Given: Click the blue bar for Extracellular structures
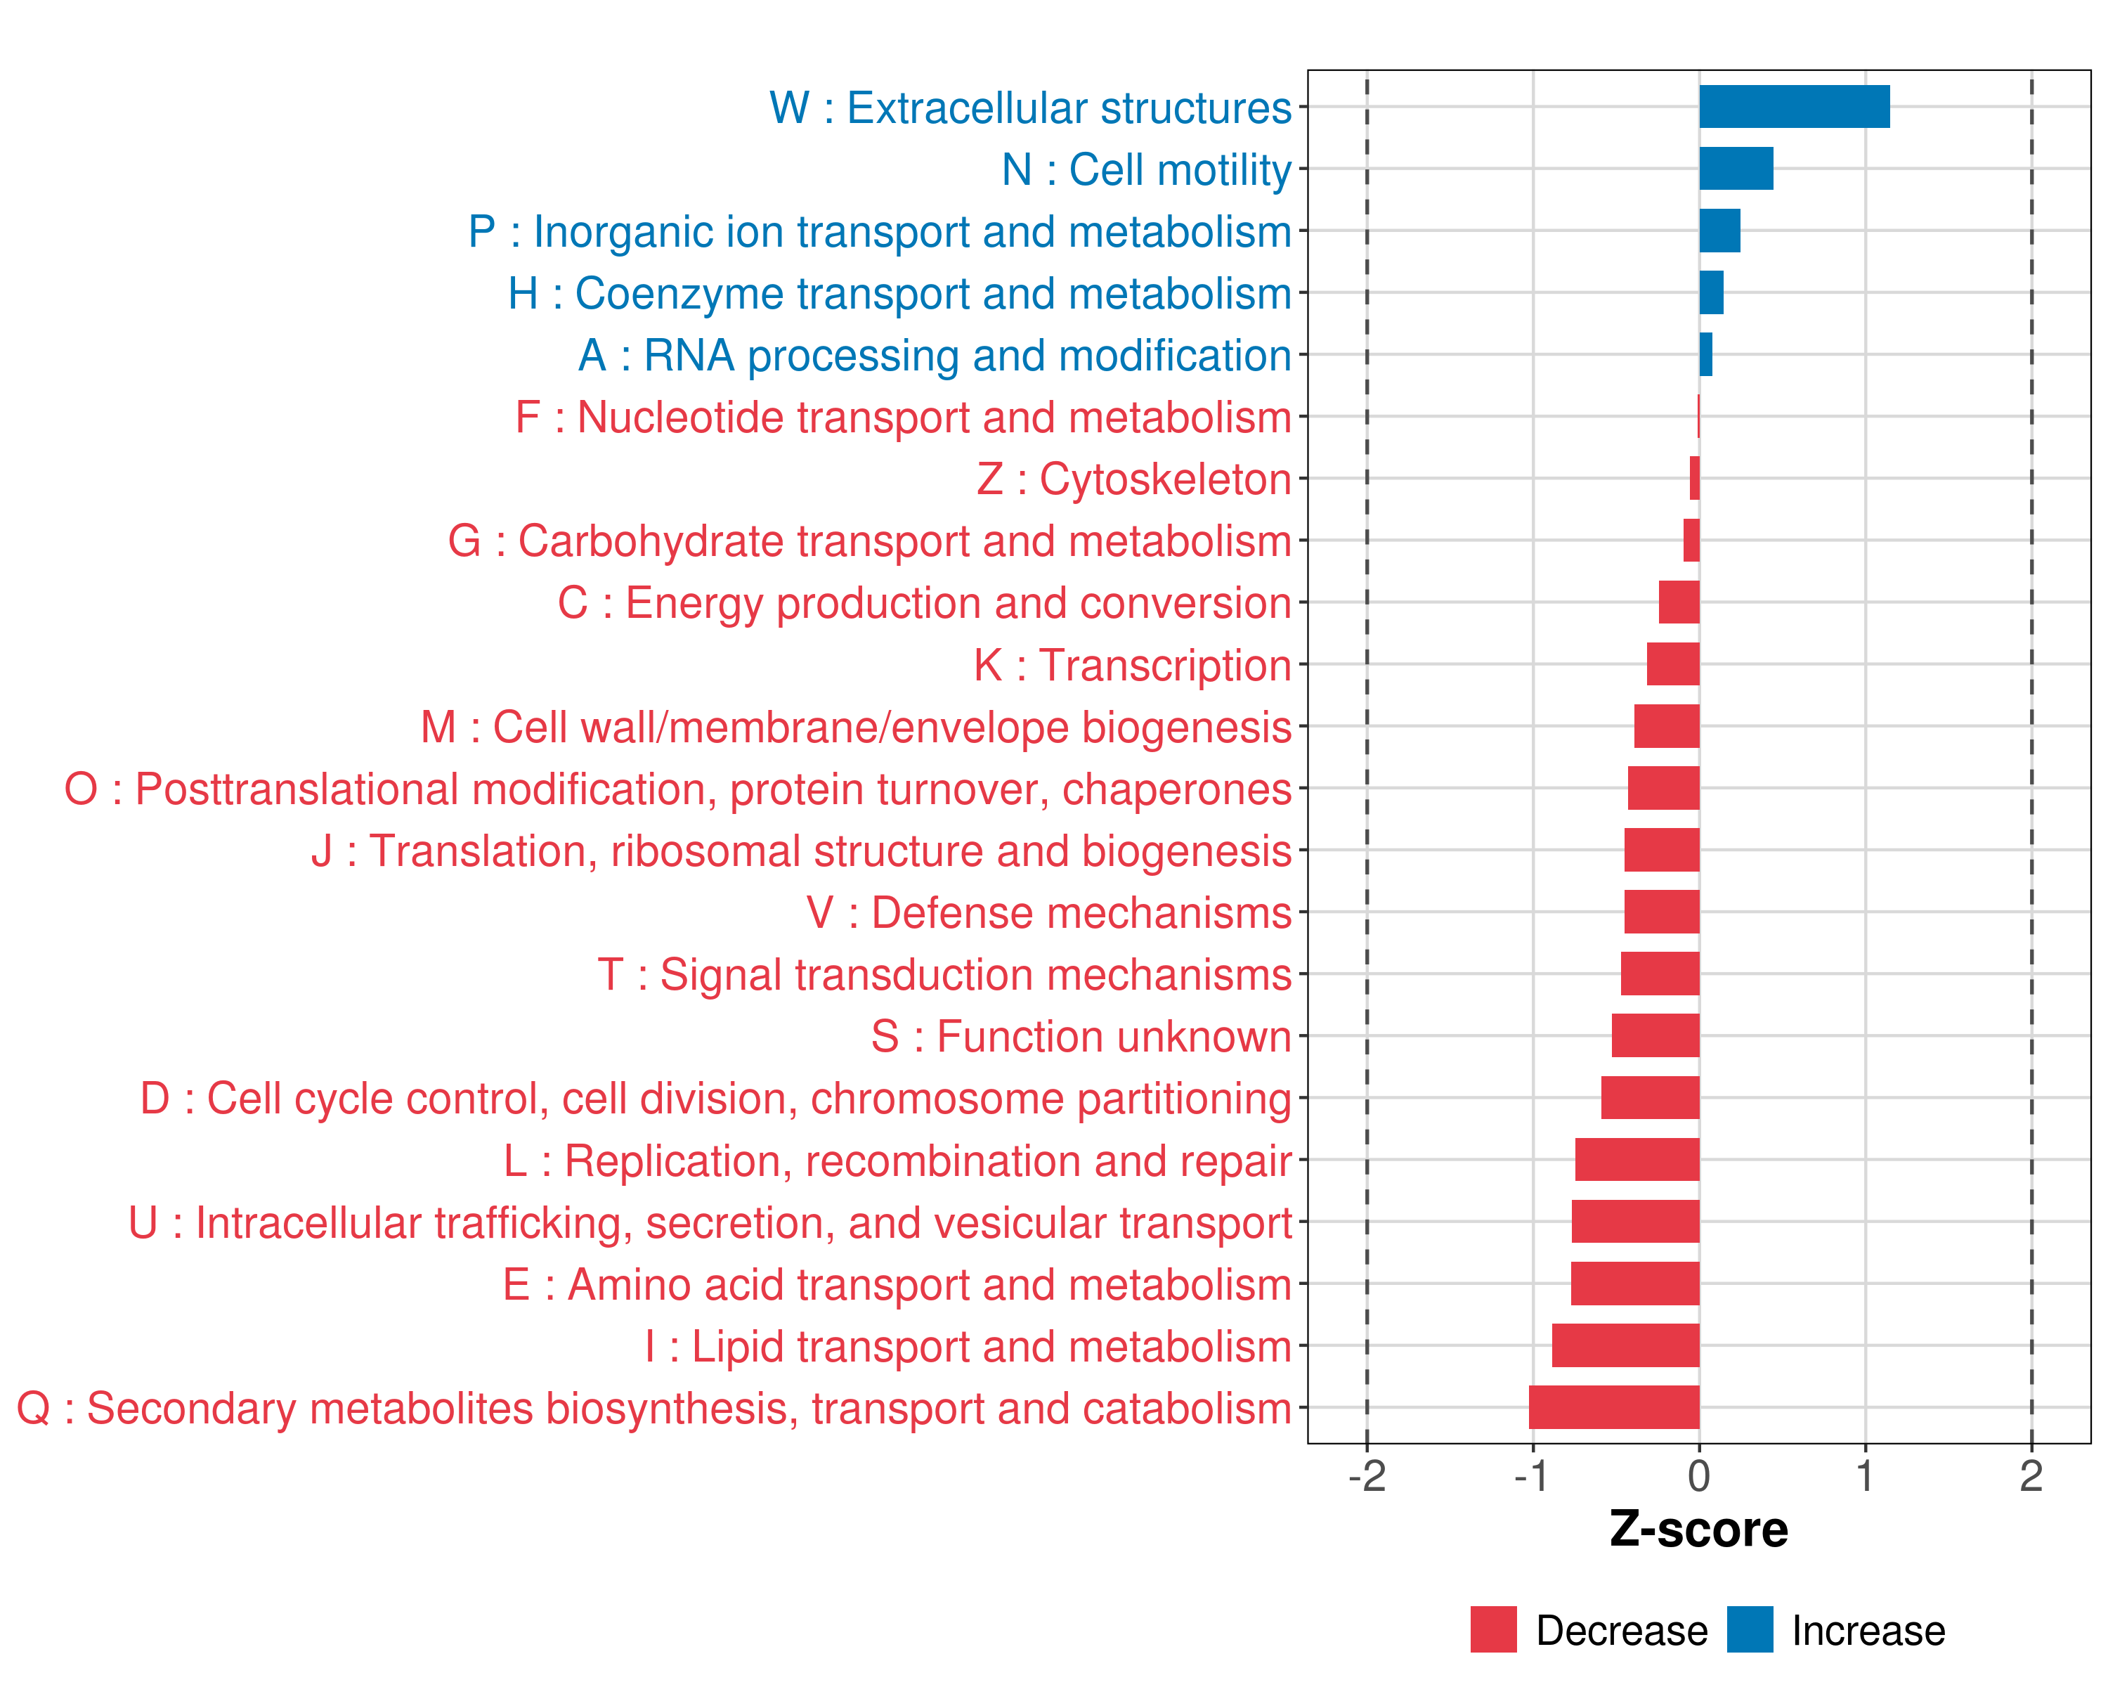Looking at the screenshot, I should pyautogui.click(x=1794, y=107).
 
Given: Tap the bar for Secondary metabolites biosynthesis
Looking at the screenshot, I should pyautogui.click(x=1614, y=1407).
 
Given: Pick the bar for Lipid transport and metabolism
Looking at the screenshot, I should pyautogui.click(x=1625, y=1345).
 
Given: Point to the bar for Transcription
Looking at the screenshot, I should pyautogui.click(x=1673, y=664).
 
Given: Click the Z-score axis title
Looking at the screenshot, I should pyautogui.click(x=1698, y=1530).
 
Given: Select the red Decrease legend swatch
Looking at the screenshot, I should pyautogui.click(x=1493, y=1629).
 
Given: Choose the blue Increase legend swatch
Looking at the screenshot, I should pyautogui.click(x=1749, y=1629).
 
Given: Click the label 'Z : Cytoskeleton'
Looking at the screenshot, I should pyautogui.click(x=1134, y=479).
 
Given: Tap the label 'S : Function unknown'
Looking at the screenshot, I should pyautogui.click(x=1081, y=1037).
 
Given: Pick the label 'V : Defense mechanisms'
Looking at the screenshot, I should pyautogui.click(x=1049, y=912).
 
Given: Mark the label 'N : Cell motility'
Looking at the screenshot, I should pyautogui.click(x=1147, y=170).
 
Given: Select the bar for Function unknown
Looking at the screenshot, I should pyautogui.click(x=1655, y=1035).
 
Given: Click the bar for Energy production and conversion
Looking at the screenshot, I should pyautogui.click(x=1679, y=602).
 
